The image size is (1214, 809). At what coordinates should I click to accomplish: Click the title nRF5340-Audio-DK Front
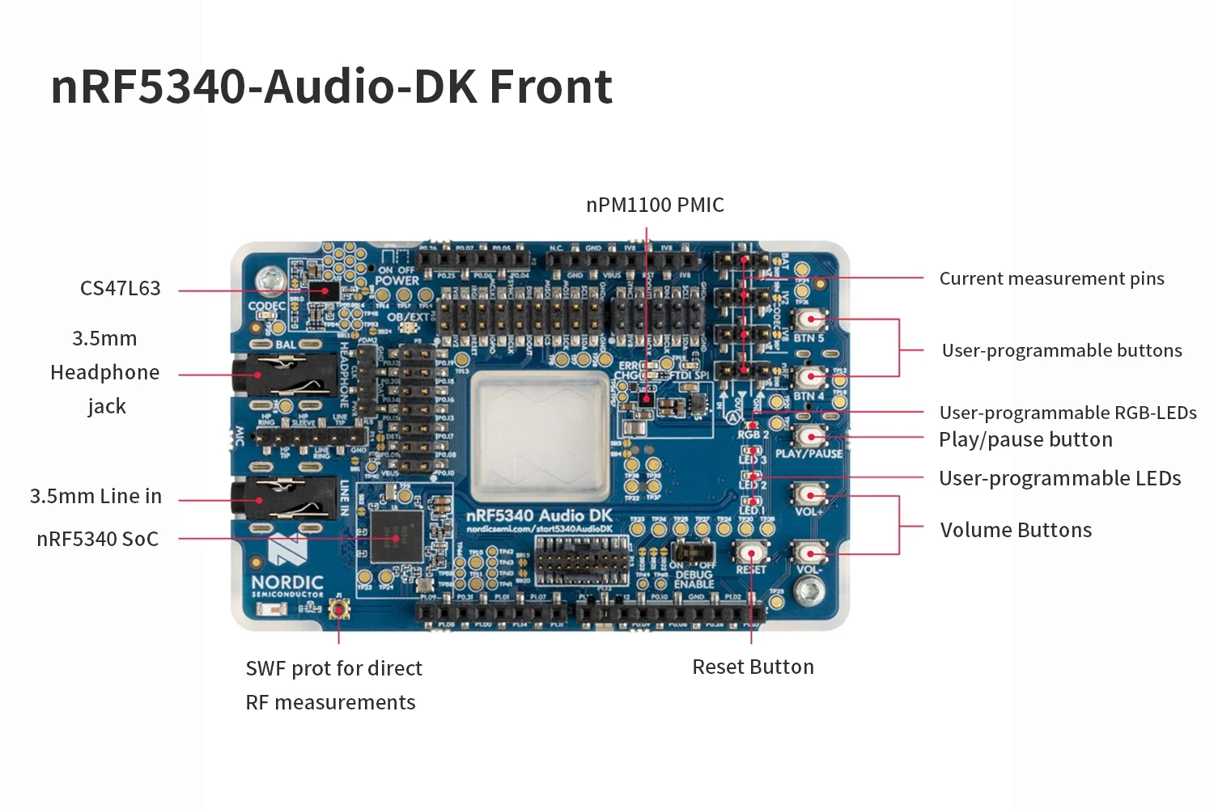pyautogui.click(x=331, y=87)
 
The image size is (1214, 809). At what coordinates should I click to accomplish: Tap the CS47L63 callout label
pyautogui.click(x=120, y=288)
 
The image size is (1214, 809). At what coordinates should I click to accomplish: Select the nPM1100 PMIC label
pyautogui.click(x=655, y=205)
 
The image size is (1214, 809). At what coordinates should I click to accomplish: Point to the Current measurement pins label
pyautogui.click(x=1051, y=278)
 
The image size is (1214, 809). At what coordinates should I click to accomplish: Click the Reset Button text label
pyautogui.click(x=753, y=667)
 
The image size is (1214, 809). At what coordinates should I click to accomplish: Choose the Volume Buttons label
pyautogui.click(x=1016, y=530)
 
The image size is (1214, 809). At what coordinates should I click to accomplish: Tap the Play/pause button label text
pyautogui.click(x=1025, y=439)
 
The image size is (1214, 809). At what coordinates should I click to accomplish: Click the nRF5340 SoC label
pyautogui.click(x=97, y=539)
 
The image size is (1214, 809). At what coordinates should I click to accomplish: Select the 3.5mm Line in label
pyautogui.click(x=96, y=496)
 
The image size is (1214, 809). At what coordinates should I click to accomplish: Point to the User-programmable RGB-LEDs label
pyautogui.click(x=1068, y=413)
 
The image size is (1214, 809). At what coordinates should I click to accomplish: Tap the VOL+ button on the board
pyautogui.click(x=809, y=493)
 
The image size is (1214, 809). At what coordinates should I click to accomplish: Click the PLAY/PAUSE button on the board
pyautogui.click(x=809, y=436)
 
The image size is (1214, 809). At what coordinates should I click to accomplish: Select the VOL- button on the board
pyautogui.click(x=809, y=553)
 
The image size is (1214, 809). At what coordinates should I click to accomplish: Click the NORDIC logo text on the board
pyautogui.click(x=287, y=582)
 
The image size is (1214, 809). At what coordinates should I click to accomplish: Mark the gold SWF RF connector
pyautogui.click(x=338, y=610)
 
